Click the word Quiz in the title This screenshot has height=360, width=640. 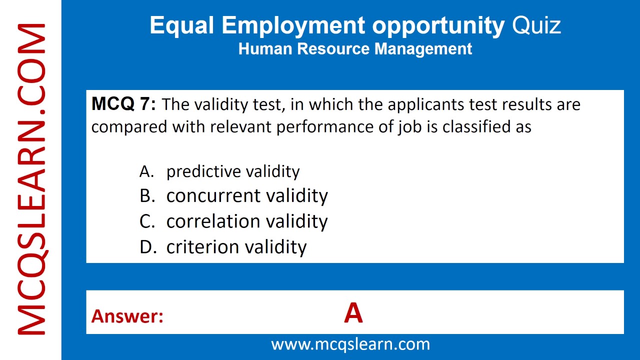coord(536,25)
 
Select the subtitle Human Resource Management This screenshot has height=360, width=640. coord(355,49)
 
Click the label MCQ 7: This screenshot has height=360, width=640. coord(123,104)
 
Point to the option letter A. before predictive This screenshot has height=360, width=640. coord(146,171)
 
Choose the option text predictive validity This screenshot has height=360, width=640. coord(233,171)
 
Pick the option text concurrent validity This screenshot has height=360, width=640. coord(247,195)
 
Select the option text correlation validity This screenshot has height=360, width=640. coord(247,221)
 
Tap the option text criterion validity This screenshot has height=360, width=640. coord(236,246)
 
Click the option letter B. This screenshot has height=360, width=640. coord(147,195)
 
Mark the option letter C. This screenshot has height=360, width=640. coord(147,221)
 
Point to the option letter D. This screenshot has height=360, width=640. coord(148,246)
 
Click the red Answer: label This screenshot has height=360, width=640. coord(127,316)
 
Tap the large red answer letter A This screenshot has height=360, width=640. coord(353,314)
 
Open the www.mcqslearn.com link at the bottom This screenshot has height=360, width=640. coord(350,344)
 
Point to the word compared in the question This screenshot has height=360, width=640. coord(130,127)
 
